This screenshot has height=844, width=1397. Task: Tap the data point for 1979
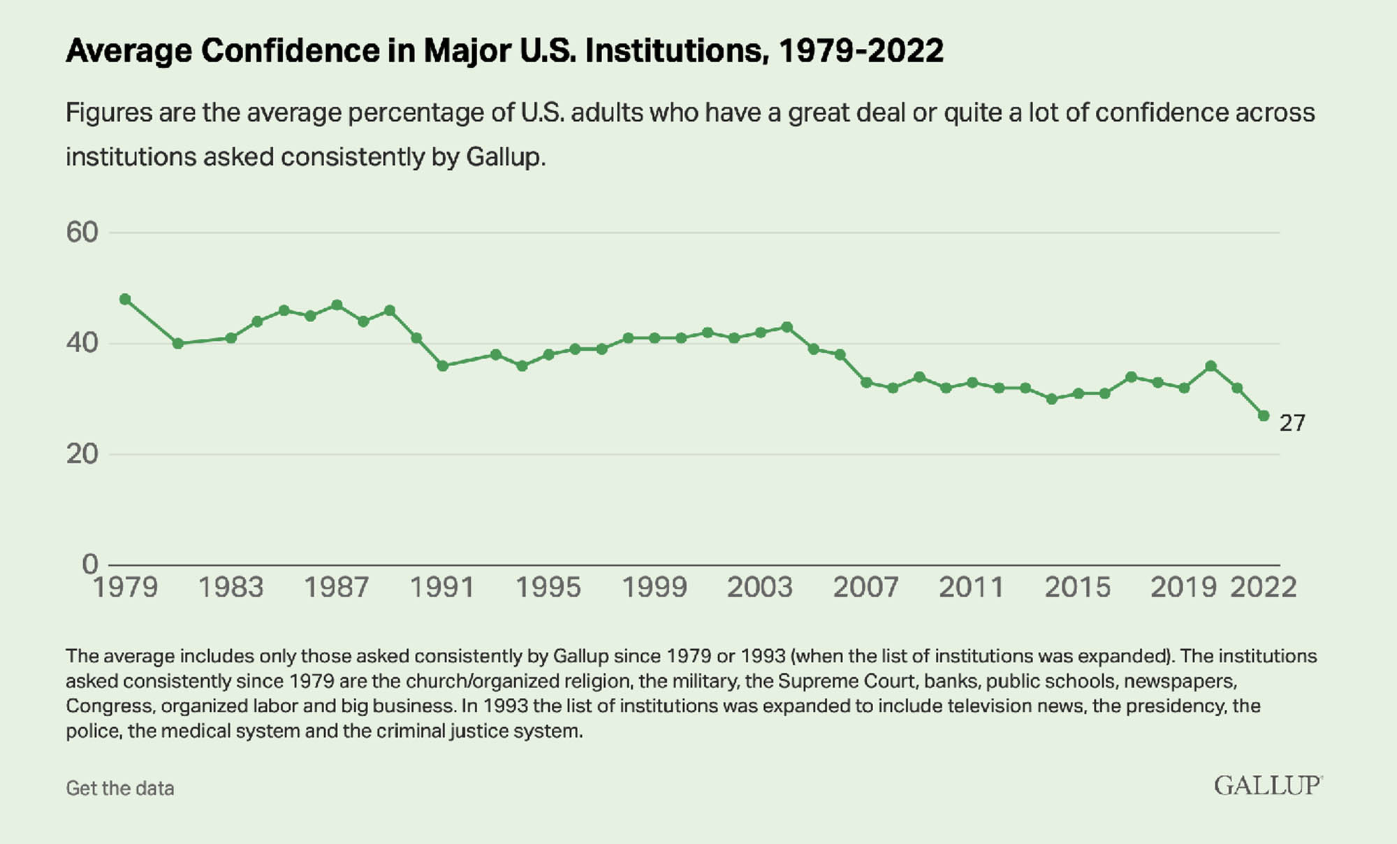pos(125,299)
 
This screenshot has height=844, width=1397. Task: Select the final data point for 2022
pos(1263,416)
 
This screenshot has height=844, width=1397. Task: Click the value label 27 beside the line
pos(1292,423)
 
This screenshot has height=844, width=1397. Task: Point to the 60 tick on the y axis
pos(82,233)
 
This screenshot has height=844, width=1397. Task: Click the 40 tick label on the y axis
pos(82,343)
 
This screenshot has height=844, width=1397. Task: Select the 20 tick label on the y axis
pos(82,454)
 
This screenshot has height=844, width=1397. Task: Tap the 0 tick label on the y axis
pos(90,564)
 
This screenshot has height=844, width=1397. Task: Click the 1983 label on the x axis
pos(231,588)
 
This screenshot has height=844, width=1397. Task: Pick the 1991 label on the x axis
pos(442,588)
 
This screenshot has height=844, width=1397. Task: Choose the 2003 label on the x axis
pos(760,588)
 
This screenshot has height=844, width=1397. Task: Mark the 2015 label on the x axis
pos(1077,588)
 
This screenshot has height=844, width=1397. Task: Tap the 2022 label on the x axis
pos(1263,588)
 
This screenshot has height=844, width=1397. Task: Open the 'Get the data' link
pos(120,788)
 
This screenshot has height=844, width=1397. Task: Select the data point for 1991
pos(442,365)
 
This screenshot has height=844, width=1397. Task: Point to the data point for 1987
pos(337,305)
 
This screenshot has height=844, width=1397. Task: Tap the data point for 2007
pos(866,382)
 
